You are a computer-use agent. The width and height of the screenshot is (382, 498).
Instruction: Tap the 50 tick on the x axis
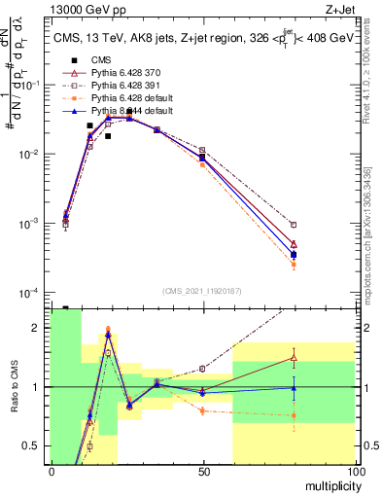[x=202, y=472]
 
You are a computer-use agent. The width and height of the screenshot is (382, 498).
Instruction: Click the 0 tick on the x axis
[x=51, y=472]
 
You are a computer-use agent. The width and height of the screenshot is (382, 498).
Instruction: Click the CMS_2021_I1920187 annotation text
[x=201, y=291]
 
